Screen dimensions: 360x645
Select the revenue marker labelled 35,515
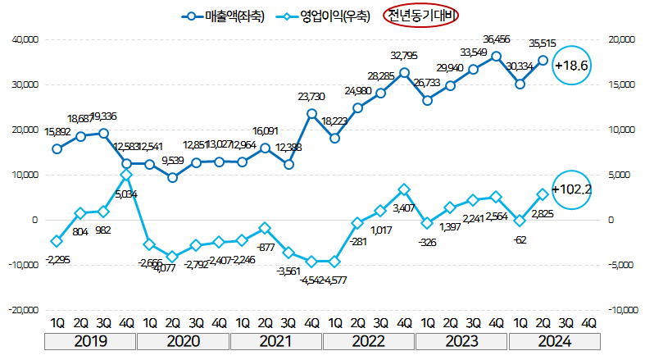[543, 59]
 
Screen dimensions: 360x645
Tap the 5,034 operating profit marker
[126, 175]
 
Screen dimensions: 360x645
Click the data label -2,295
[57, 259]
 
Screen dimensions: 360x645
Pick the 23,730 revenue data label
[311, 97]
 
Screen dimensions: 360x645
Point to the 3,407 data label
[404, 208]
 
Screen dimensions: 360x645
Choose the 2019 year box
[90, 342]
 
